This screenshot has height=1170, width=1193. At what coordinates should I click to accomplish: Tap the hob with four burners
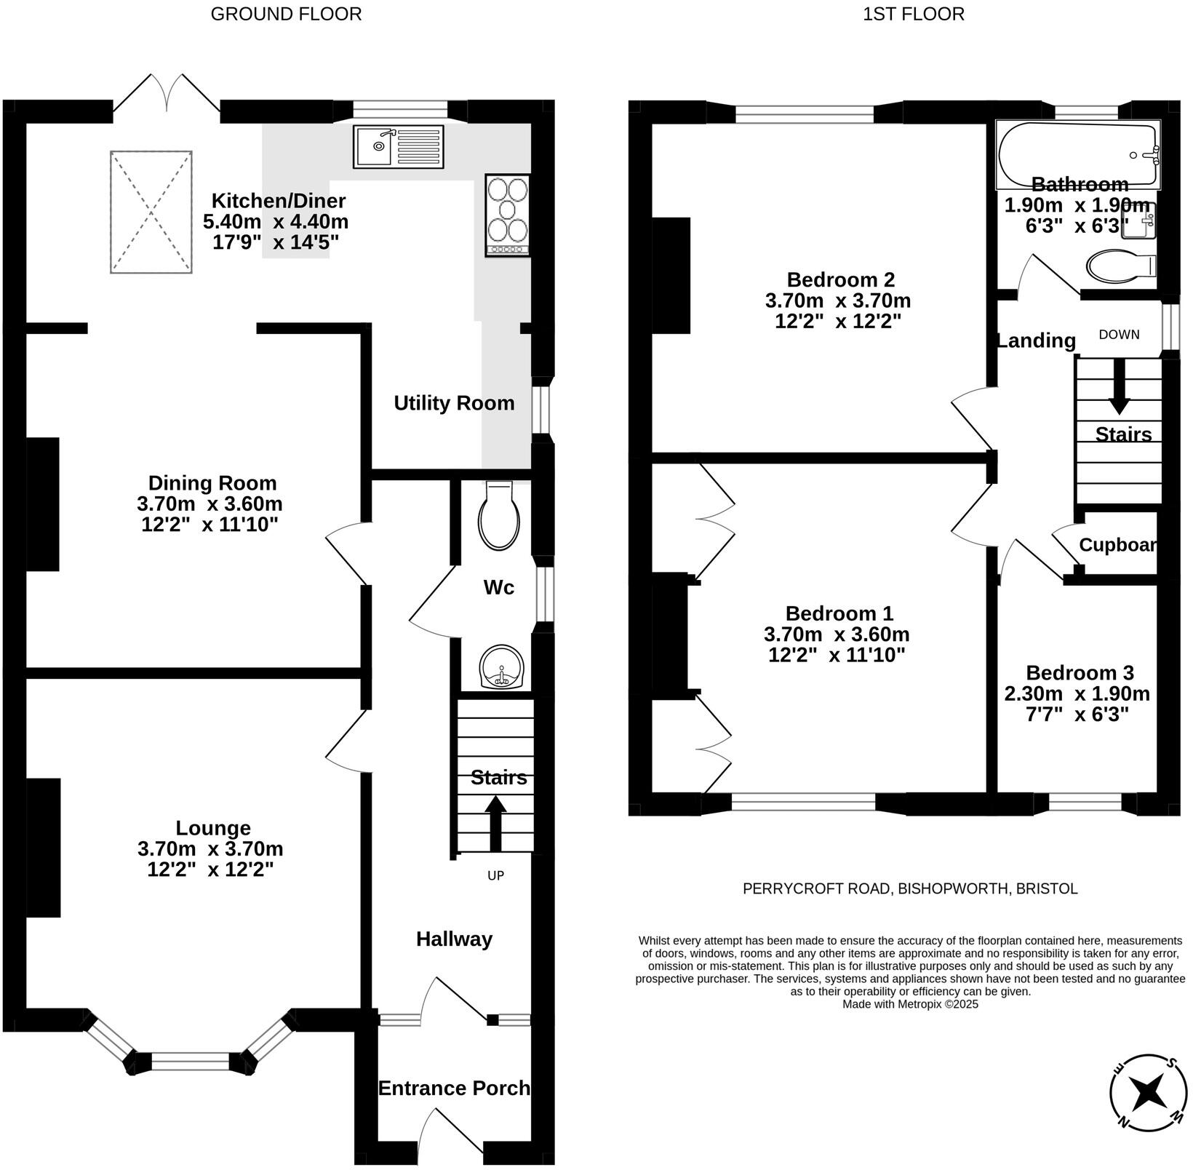(507, 215)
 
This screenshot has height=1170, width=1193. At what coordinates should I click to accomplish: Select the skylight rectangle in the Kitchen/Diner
(151, 212)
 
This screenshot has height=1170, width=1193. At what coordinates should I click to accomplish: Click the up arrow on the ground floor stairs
(495, 822)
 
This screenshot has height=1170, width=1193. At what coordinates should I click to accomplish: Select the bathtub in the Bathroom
(1077, 154)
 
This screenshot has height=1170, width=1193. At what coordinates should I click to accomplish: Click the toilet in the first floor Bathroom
(1119, 266)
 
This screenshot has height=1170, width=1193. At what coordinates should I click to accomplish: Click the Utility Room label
(454, 403)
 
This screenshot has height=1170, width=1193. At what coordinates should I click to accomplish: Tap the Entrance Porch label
(454, 1088)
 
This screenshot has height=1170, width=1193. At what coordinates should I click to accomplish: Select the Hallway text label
(454, 939)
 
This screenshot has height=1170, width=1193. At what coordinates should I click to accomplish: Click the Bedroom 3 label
(1080, 672)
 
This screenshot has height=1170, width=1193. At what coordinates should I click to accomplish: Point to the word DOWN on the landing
(1119, 335)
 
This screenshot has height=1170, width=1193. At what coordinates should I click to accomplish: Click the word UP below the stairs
(495, 876)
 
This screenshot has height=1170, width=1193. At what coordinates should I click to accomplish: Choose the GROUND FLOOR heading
(286, 14)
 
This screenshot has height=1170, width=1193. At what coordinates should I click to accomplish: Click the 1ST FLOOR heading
(913, 14)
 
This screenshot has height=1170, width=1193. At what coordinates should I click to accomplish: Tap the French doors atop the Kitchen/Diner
(167, 95)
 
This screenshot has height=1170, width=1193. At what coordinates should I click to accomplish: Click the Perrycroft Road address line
(909, 888)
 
